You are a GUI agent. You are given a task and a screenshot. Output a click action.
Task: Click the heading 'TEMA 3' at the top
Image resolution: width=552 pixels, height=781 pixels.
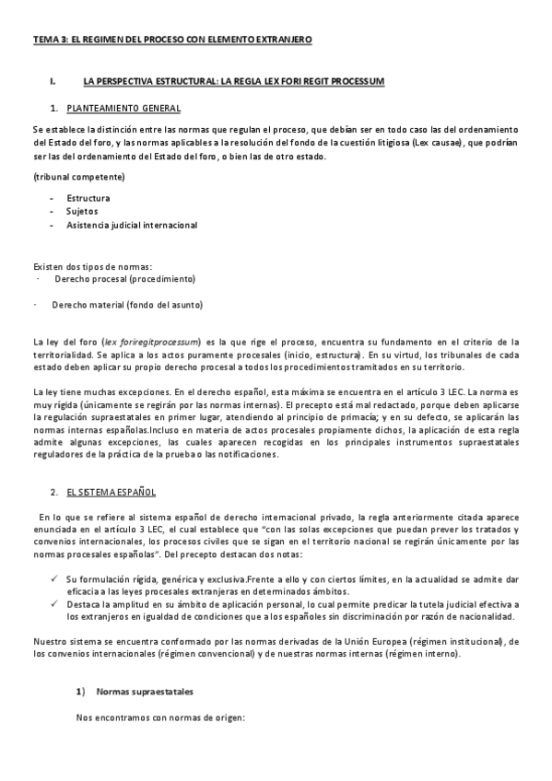coord(53,40)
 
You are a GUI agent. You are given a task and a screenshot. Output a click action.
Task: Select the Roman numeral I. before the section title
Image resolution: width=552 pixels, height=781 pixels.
coord(53,82)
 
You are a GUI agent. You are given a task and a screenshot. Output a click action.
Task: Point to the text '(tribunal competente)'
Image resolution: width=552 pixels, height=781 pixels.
coord(78,176)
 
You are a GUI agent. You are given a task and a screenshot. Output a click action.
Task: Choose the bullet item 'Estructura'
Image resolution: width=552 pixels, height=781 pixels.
coord(88,198)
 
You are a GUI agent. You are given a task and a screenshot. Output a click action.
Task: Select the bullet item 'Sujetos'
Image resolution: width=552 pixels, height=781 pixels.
coord(83,211)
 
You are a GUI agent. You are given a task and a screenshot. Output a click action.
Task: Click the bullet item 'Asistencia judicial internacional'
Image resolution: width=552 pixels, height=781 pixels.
coord(131,225)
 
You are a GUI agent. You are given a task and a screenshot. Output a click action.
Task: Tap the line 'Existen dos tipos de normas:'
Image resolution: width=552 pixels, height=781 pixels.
coord(92,266)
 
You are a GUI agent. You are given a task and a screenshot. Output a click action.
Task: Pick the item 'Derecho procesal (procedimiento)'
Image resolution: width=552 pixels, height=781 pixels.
coord(123,277)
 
